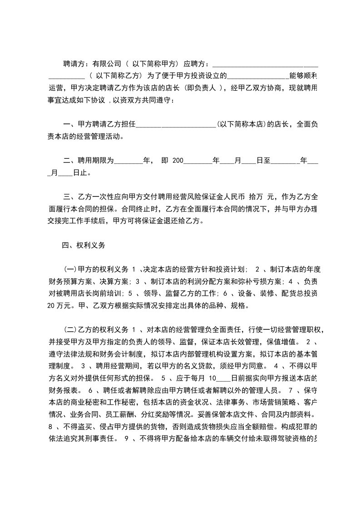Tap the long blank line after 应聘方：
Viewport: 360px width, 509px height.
(265, 64)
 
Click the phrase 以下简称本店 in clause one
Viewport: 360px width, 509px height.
(241, 124)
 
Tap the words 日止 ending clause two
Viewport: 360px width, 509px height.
(81, 172)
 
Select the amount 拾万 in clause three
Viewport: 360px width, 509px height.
(256, 197)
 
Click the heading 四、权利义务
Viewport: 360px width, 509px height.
(84, 245)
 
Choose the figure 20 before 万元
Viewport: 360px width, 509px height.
(51, 305)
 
